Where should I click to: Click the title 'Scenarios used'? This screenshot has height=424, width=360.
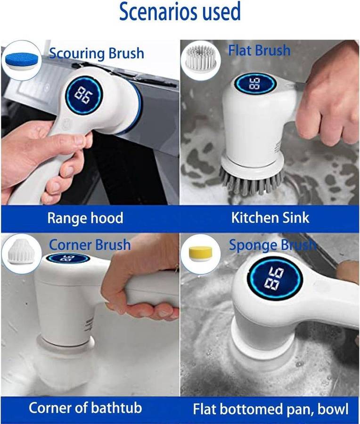click(x=180, y=11)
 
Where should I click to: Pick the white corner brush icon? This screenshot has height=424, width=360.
click(x=22, y=252)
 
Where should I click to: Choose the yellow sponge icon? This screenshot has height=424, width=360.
click(x=201, y=254)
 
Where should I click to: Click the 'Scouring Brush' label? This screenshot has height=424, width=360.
click(x=96, y=53)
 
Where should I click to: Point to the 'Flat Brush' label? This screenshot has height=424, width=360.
click(x=259, y=50)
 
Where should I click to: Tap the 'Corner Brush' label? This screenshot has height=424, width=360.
click(x=90, y=245)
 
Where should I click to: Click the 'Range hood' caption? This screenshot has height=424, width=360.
click(x=85, y=218)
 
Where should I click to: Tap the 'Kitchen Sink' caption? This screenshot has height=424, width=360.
click(x=270, y=218)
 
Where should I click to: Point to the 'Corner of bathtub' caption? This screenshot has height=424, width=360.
click(x=85, y=408)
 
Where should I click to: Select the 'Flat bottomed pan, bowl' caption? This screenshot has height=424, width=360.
click(x=270, y=409)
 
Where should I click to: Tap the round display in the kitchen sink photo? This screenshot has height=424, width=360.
click(x=255, y=83)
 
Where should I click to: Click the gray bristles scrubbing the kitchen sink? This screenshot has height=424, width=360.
click(x=252, y=180)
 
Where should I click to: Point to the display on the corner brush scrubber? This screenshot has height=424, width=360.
click(x=68, y=258)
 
